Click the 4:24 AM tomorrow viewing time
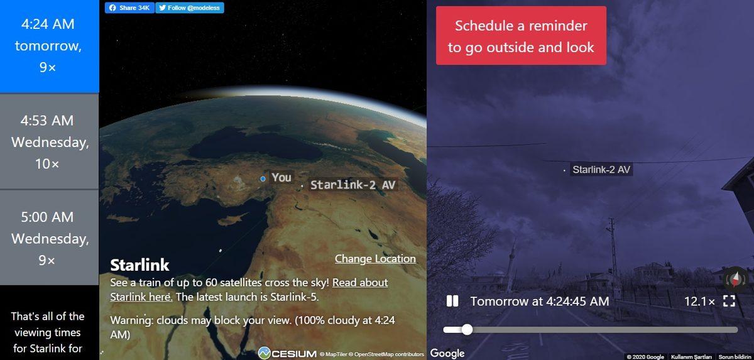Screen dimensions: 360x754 (48, 46)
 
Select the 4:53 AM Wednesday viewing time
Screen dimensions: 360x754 (50, 142)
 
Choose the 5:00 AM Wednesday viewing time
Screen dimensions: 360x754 (50, 238)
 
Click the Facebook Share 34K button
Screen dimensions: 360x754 (129, 8)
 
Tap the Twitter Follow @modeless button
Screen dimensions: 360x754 (189, 8)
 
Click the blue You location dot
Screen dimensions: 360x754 (263, 179)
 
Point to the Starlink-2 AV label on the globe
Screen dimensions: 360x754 (354, 185)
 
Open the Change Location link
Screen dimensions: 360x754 (375, 259)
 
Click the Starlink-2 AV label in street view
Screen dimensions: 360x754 (601, 170)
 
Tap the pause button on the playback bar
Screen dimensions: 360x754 (452, 302)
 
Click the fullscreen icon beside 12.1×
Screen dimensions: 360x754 (729, 302)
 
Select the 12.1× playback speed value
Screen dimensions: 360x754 (699, 302)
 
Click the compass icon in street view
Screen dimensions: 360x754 (736, 277)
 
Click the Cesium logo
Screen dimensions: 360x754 (287, 354)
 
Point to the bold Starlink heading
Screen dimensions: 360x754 (139, 265)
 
